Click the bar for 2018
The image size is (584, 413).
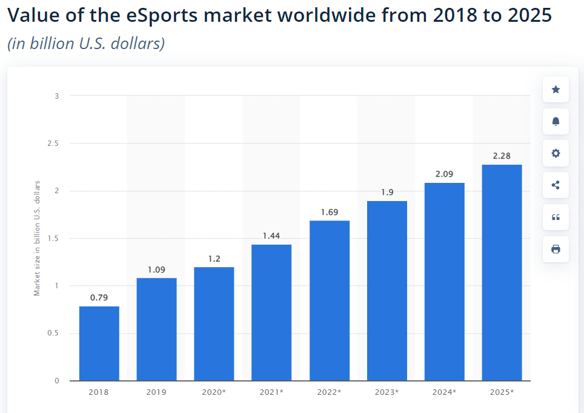(99, 343)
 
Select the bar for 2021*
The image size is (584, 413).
(271, 312)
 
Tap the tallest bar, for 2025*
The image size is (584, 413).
(502, 273)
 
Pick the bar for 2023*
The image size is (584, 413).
(387, 291)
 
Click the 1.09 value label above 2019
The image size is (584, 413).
(156, 269)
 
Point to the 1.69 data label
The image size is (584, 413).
(329, 213)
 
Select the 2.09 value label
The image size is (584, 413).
(444, 174)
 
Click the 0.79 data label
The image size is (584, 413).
(99, 298)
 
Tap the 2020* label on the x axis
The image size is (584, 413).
(214, 392)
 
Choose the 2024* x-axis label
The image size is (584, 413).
(444, 392)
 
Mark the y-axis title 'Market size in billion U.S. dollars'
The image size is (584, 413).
(37, 238)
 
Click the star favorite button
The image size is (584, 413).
(556, 90)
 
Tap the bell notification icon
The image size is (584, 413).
(556, 122)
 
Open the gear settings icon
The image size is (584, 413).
(556, 153)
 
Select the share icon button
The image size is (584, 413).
(556, 185)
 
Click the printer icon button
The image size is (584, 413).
(556, 249)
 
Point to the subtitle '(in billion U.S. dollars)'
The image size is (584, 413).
(86, 44)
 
